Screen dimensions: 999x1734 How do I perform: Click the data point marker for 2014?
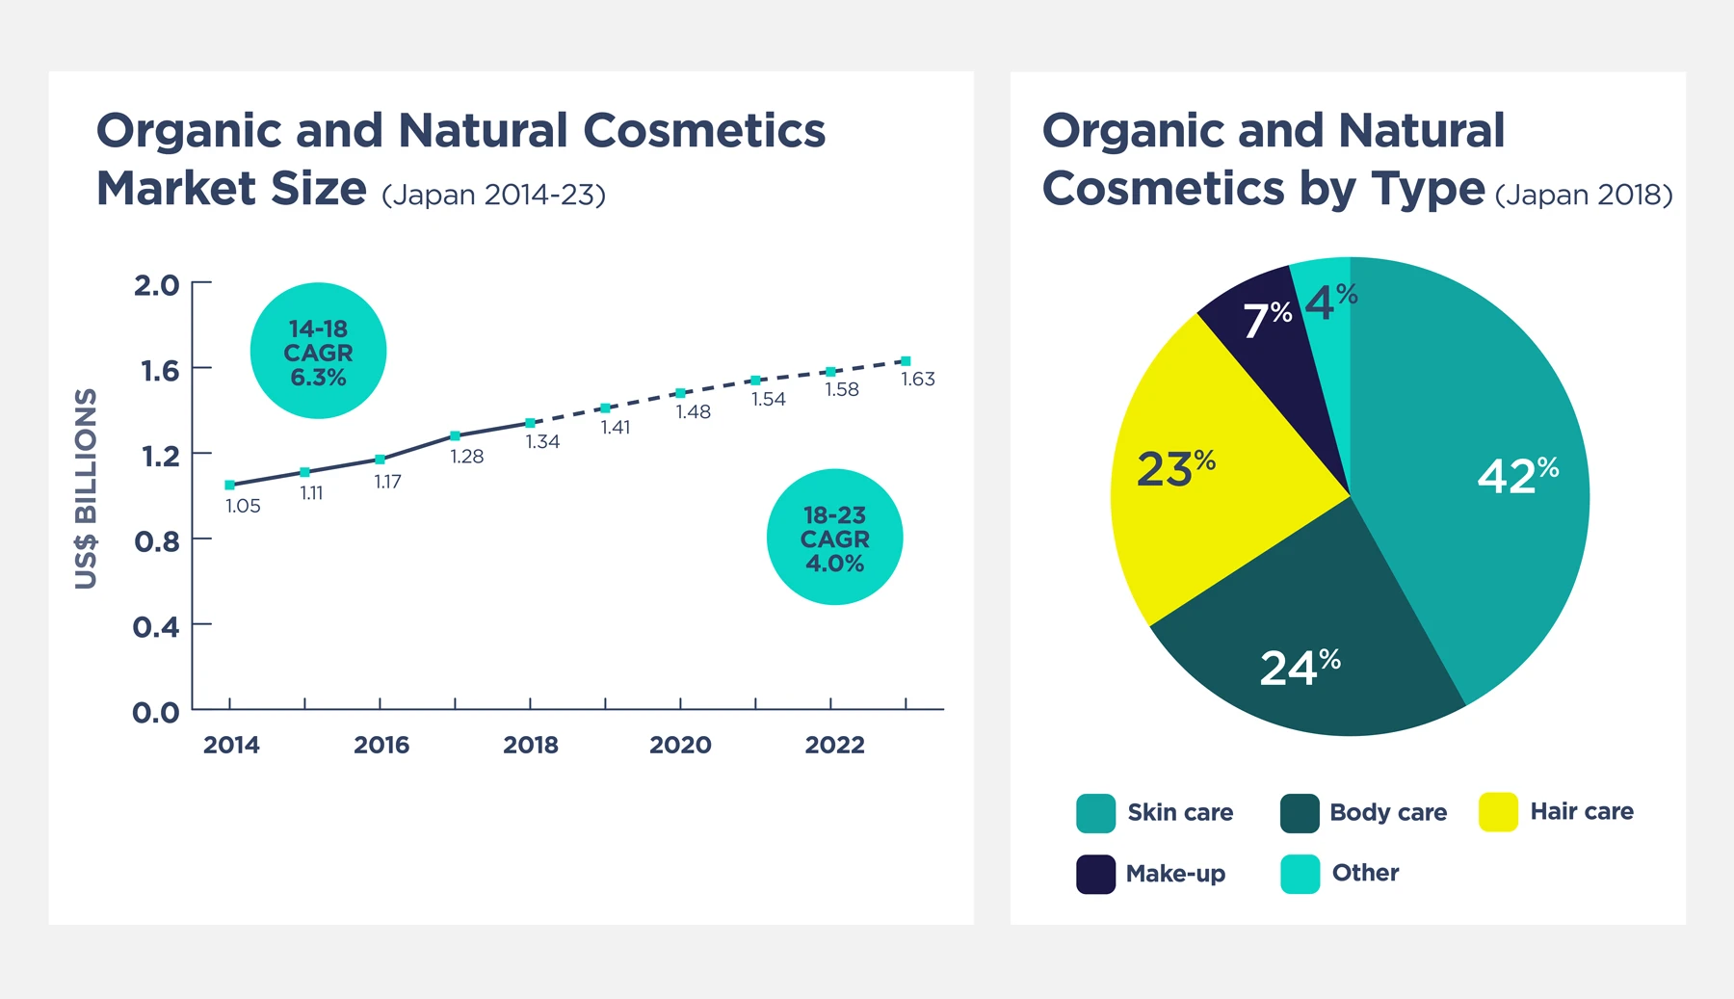(229, 485)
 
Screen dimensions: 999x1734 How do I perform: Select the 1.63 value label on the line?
(917, 379)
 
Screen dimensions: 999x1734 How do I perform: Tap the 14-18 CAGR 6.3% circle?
(318, 351)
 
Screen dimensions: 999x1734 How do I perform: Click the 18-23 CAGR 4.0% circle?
(834, 538)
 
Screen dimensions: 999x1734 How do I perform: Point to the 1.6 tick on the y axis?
(160, 371)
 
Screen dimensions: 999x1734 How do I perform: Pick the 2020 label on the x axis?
(680, 745)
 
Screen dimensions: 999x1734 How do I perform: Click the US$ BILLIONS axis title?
(87, 488)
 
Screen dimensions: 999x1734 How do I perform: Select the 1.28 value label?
(466, 456)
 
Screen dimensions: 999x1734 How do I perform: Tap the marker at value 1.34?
(530, 423)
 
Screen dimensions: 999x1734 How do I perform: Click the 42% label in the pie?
(1517, 475)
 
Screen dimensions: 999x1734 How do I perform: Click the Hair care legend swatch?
(1498, 812)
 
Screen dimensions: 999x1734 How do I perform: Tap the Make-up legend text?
(1175, 874)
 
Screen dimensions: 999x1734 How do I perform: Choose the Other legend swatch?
(1300, 874)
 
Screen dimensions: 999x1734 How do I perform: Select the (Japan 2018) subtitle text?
(1583, 195)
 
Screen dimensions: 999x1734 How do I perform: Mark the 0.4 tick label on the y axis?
(156, 627)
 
